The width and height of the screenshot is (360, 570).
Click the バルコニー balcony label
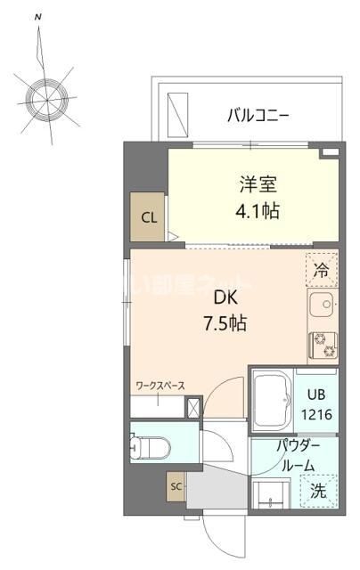(258, 114)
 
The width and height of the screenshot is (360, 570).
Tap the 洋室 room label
(258, 186)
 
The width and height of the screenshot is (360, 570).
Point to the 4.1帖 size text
(258, 213)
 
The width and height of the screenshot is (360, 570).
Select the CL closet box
(148, 217)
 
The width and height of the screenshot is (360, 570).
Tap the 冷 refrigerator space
(322, 266)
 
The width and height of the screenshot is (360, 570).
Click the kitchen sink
(323, 307)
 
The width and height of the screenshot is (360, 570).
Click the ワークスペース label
(160, 386)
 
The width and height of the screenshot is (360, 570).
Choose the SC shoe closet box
(176, 487)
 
